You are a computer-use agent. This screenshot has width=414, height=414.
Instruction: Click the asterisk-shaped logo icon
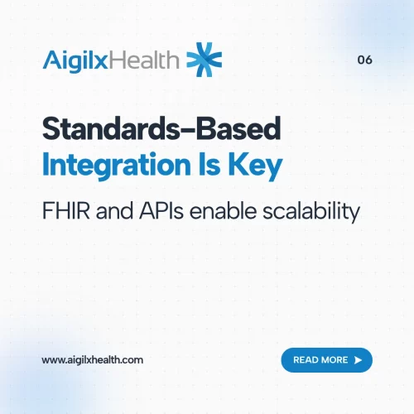(x=204, y=59)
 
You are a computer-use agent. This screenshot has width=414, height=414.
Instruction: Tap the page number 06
(x=364, y=60)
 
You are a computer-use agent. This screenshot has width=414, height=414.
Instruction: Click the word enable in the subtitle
(x=222, y=210)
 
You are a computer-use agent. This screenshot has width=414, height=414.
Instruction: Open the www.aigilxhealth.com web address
(x=93, y=360)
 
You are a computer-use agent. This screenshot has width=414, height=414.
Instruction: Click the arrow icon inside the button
(x=358, y=360)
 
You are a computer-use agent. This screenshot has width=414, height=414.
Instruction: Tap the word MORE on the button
(x=336, y=360)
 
